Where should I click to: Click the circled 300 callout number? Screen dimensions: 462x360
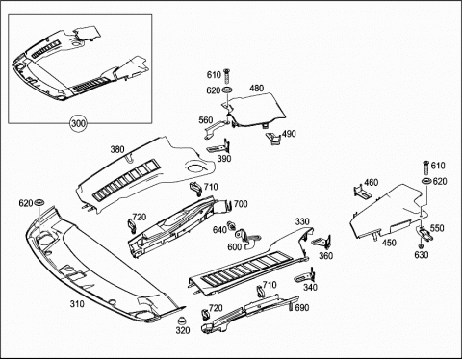click(79, 123)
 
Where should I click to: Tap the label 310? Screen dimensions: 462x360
click(77, 303)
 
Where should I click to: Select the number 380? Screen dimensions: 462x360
click(117, 149)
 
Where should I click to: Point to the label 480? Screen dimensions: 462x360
click(257, 88)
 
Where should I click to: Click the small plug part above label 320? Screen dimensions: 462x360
click(183, 321)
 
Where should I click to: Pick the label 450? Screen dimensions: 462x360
click(389, 243)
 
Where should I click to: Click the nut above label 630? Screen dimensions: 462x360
click(421, 246)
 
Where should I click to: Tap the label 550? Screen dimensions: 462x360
click(437, 228)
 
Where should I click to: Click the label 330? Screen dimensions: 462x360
click(302, 221)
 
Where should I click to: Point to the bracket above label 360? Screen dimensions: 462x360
click(322, 243)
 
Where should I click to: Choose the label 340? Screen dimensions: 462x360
click(310, 287)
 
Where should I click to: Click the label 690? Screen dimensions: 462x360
click(302, 307)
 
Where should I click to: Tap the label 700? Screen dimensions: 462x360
click(241, 204)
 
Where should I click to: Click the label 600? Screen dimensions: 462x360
click(235, 247)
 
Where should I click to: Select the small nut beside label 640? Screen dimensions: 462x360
click(230, 225)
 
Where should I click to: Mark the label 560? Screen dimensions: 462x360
click(206, 120)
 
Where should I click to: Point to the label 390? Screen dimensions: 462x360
click(224, 158)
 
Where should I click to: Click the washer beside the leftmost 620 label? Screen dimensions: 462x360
click(39, 203)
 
